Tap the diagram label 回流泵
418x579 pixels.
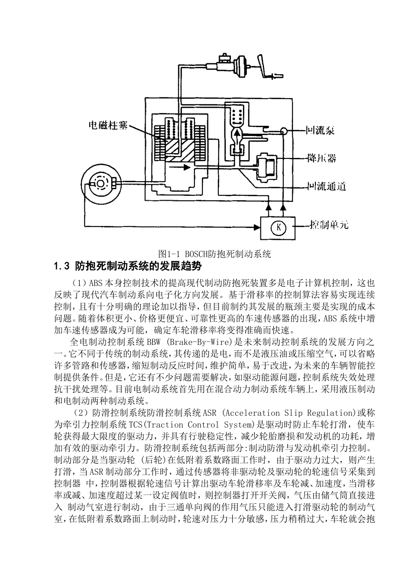pyautogui.click(x=321, y=131)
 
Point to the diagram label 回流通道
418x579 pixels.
pyautogui.click(x=326, y=187)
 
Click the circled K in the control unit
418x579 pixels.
pyautogui.click(x=278, y=228)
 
